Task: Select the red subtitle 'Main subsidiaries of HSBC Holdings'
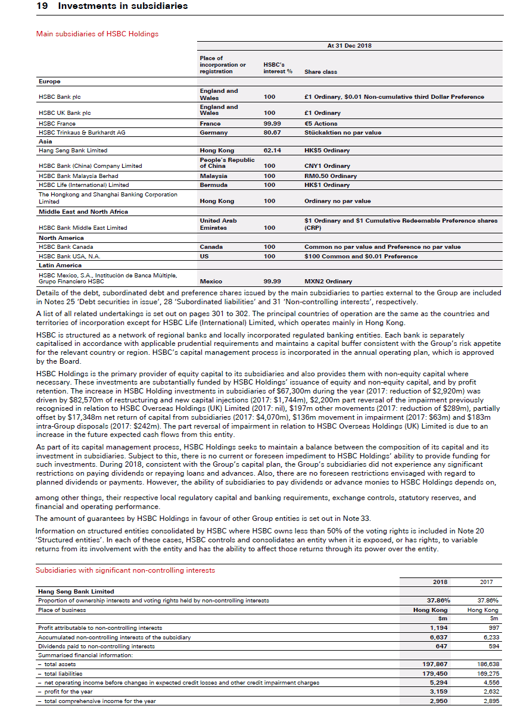click(x=97, y=34)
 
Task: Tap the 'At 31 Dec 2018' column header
click(x=349, y=46)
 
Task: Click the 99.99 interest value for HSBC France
click(x=272, y=124)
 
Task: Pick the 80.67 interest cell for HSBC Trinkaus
click(x=272, y=133)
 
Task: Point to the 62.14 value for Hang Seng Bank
click(x=272, y=151)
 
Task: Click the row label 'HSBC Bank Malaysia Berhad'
click(x=78, y=176)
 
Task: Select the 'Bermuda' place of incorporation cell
click(x=213, y=185)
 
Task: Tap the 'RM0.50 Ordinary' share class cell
click(x=331, y=176)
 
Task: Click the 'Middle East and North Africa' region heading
click(x=83, y=212)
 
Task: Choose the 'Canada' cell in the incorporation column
click(x=211, y=247)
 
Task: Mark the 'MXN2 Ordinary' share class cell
click(x=328, y=282)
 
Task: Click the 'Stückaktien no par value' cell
click(x=342, y=133)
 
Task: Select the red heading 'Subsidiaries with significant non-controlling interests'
click(x=125, y=570)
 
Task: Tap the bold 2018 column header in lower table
click(x=439, y=582)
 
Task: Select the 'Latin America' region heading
click(x=60, y=266)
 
